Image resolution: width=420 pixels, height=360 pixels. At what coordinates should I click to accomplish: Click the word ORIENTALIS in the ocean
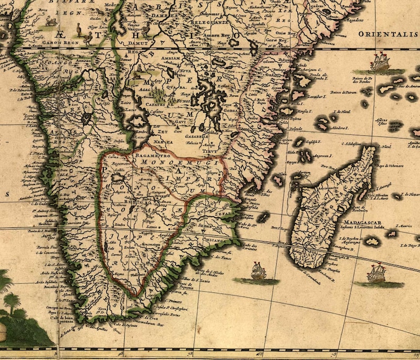coord(388,34)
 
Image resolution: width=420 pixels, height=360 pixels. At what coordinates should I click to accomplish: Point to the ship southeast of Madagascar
coord(377,273)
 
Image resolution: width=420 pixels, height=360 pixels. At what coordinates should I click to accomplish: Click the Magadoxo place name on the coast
coord(349,20)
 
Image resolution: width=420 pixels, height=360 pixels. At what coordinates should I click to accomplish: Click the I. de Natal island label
coord(343,114)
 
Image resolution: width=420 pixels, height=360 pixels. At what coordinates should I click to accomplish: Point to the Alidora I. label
coord(339,128)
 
